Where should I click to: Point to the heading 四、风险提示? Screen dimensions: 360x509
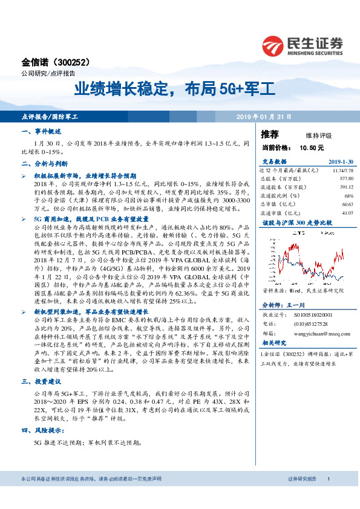click(39, 430)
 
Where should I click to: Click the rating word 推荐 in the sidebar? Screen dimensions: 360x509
click(269, 134)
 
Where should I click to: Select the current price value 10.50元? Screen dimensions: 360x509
click(311, 147)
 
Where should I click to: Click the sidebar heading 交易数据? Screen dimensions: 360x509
click(274, 161)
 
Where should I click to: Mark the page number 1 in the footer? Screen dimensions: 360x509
click(327, 496)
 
